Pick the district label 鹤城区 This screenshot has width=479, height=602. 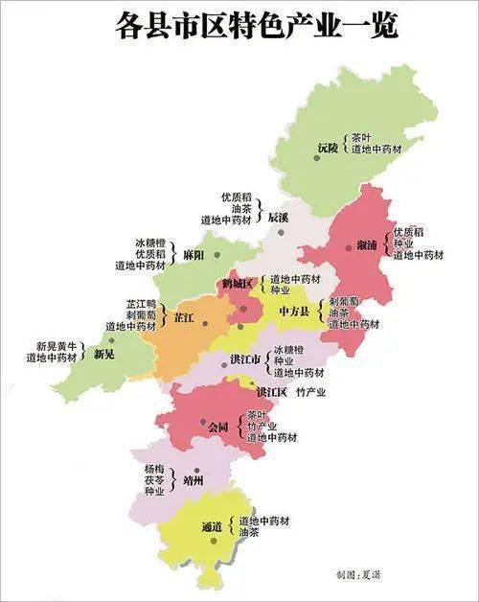(236, 284)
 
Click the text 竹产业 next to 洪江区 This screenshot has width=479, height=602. (310, 392)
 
